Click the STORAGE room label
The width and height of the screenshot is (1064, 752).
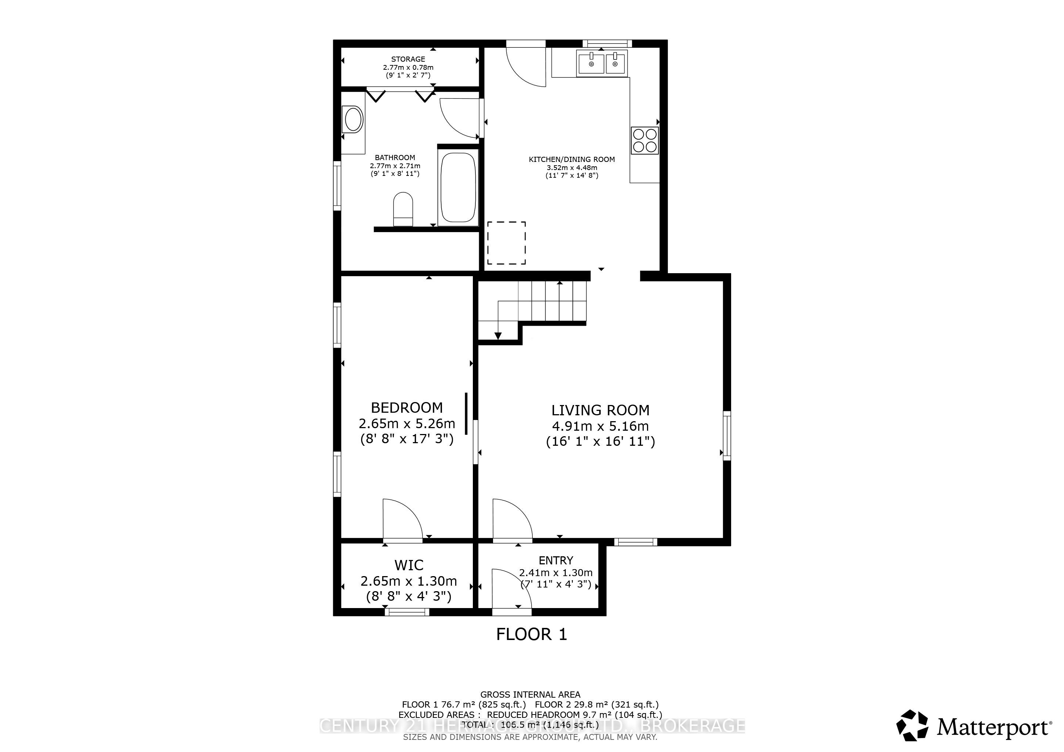[408, 59]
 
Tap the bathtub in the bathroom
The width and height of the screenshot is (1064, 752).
[458, 188]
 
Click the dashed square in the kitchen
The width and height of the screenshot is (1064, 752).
[506, 243]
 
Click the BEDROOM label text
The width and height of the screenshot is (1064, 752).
[406, 408]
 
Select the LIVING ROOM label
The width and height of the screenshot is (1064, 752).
[600, 410]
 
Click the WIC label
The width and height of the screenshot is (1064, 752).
[408, 565]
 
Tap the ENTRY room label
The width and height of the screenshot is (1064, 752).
[556, 560]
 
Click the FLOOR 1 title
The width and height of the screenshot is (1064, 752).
[532, 634]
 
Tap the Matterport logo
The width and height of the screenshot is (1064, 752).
[974, 727]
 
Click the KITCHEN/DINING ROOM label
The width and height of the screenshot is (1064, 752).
[571, 159]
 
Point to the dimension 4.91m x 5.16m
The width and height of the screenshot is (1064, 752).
[600, 426]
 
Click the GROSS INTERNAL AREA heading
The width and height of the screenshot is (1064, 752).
[530, 695]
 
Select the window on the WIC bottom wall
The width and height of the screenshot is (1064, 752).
[407, 612]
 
